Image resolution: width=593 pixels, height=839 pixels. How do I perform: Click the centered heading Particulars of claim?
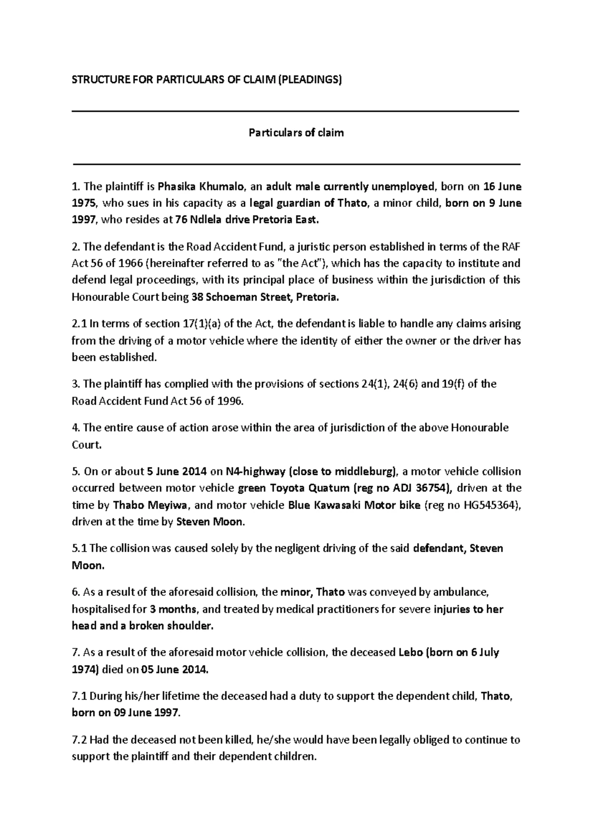pos(296,133)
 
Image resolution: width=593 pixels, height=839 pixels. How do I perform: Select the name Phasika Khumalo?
pos(200,186)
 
